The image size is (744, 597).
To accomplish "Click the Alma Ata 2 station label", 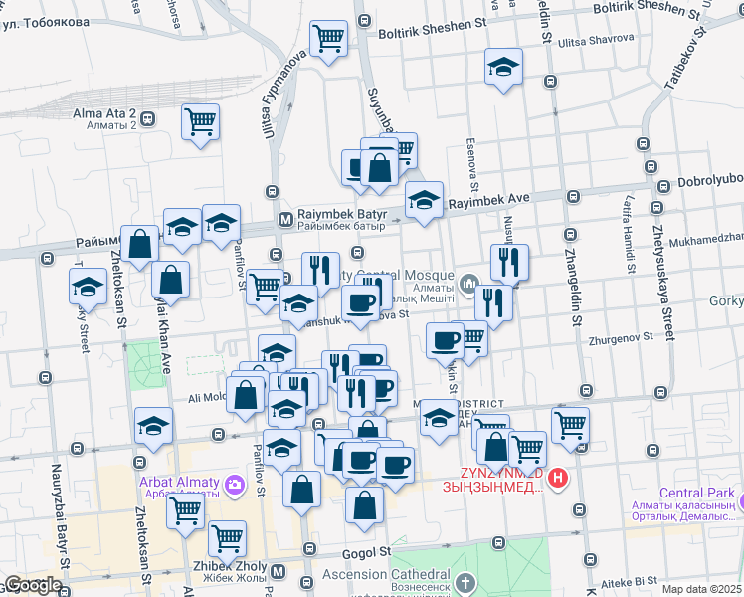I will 103,113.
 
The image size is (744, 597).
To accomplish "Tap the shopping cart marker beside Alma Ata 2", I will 201,122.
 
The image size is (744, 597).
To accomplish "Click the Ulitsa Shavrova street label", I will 595,41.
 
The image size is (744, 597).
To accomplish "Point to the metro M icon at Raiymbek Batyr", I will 285,219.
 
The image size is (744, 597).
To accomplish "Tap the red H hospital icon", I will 559,479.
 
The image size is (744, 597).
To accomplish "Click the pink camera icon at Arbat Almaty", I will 235,486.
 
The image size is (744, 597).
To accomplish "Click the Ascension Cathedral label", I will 388,575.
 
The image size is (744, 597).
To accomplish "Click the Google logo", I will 33,585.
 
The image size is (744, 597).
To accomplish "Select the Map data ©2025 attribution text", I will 701,588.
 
